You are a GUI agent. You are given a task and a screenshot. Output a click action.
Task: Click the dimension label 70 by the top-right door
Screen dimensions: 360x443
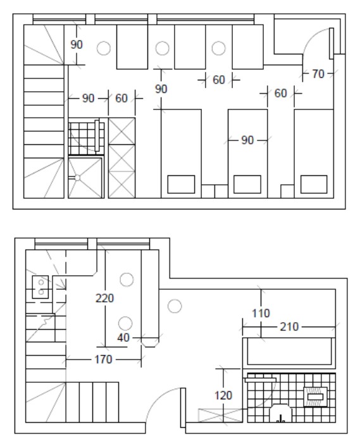[x=318, y=74]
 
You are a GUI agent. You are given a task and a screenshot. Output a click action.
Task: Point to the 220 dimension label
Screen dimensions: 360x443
[x=104, y=298]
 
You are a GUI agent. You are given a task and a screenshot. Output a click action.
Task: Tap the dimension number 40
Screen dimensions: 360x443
[x=123, y=337]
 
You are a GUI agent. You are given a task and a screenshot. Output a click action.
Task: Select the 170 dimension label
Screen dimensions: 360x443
[x=103, y=359]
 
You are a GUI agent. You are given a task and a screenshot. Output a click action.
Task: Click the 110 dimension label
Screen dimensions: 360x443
[x=261, y=313]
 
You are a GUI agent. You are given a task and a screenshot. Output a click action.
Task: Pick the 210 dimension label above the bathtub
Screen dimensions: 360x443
[x=289, y=327]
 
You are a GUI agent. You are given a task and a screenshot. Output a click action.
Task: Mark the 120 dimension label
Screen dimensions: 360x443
[x=223, y=396]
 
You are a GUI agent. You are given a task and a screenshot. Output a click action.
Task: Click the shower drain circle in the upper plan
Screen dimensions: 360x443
[x=77, y=178]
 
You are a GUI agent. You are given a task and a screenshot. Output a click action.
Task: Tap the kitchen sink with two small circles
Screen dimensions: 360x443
[x=40, y=287]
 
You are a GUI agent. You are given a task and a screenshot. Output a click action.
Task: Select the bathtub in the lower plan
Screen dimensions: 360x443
[x=289, y=353]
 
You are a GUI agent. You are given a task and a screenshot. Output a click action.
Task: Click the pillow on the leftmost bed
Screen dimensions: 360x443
[x=181, y=184]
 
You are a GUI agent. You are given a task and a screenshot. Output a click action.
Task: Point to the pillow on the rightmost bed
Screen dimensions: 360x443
[x=314, y=184]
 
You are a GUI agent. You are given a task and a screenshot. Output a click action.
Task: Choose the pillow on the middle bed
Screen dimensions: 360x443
[x=247, y=184]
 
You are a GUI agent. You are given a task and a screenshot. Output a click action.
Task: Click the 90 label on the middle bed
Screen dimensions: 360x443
[x=247, y=140]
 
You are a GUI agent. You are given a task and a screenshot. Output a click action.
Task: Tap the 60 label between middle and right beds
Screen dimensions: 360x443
[x=281, y=93]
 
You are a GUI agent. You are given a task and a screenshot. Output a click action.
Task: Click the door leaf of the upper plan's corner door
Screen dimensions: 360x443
[x=332, y=44]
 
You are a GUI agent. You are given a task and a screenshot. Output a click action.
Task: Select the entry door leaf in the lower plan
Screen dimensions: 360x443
[x=183, y=408]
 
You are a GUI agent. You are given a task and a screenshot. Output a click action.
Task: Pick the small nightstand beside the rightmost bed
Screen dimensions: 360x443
[x=287, y=191]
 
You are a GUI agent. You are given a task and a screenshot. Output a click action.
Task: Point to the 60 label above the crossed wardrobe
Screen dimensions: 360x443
[x=121, y=98]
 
